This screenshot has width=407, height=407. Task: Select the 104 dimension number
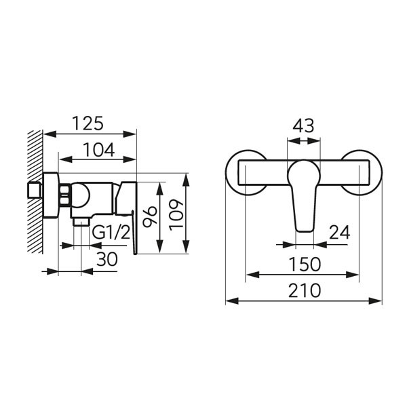tap(98, 150)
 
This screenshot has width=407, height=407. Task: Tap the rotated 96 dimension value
tap(150, 217)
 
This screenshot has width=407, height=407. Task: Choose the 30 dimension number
tap(107, 259)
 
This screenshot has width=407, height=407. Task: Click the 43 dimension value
tap(303, 125)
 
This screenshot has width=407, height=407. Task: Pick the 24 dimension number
tap(340, 232)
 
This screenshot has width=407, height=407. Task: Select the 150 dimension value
tap(305, 265)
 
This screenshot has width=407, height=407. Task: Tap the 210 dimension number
tap(305, 290)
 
